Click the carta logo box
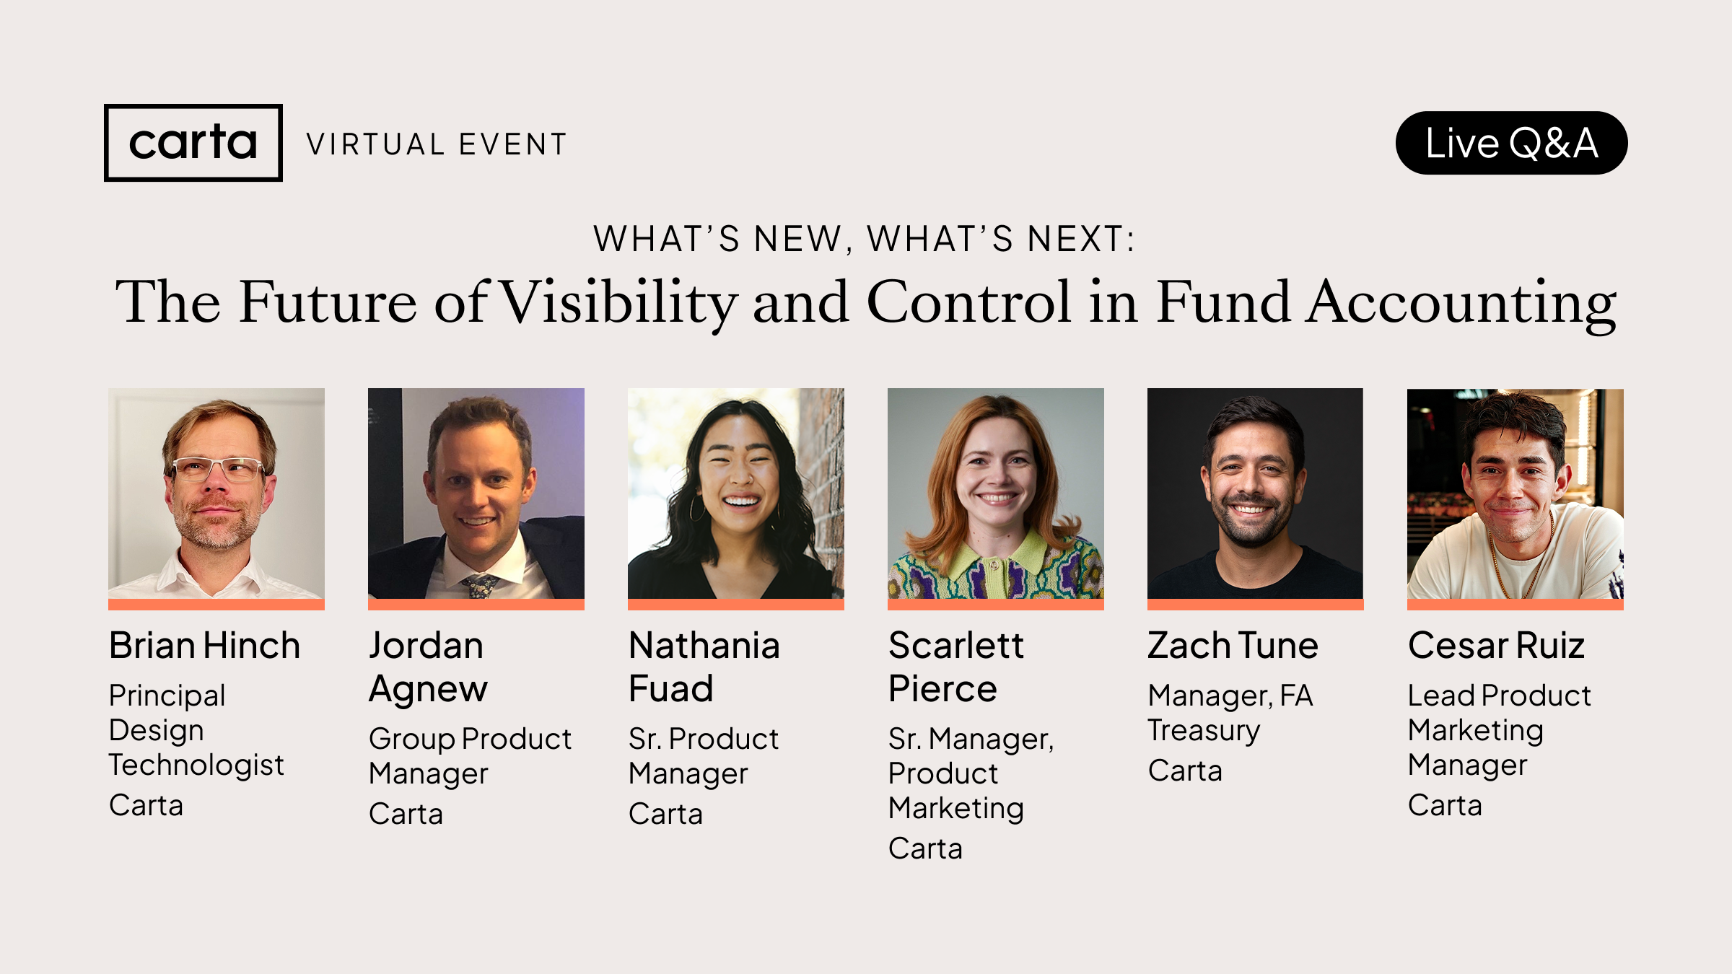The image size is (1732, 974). coord(193,143)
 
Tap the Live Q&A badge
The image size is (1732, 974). coord(1511,143)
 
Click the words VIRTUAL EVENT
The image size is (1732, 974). coord(437,144)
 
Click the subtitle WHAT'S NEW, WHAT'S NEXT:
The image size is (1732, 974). coord(865,239)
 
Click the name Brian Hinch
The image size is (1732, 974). coord(204,645)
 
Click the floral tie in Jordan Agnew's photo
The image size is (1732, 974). coord(481,585)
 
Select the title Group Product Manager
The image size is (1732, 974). coord(469,755)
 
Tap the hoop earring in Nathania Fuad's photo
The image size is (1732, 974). coord(696,508)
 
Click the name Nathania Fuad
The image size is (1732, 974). coord(704,667)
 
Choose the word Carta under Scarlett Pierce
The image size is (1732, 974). coord(925,848)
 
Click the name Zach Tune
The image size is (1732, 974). coord(1233,645)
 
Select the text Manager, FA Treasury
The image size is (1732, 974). coord(1230,713)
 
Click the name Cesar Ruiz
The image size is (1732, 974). coord(1496,645)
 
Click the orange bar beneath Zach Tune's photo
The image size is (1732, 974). coord(1255,605)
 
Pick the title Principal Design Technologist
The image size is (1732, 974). coord(196,730)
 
